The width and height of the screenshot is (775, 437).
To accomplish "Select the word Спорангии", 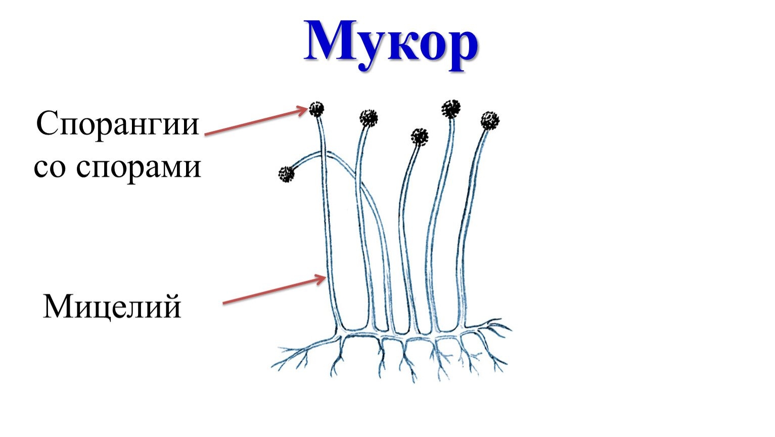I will pos(118,123).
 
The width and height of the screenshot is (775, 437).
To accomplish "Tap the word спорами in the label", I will pos(139,167).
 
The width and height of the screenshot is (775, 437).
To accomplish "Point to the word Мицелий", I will pos(112,307).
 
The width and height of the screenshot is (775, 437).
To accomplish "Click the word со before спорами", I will pos(50,167).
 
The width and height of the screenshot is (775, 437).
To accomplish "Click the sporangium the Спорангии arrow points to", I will pos(316,109).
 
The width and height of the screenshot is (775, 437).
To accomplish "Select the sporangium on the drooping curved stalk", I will pos(286,174).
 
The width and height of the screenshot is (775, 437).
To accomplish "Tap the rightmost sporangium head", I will pos(489,120).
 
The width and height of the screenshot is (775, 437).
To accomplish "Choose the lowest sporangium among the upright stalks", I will pos(419,137).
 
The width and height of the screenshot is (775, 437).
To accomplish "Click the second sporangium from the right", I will pos(450,108).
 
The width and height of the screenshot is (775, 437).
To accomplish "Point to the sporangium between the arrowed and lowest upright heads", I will pos(369,118).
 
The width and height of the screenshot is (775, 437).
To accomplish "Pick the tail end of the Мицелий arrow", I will pos(224,303).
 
